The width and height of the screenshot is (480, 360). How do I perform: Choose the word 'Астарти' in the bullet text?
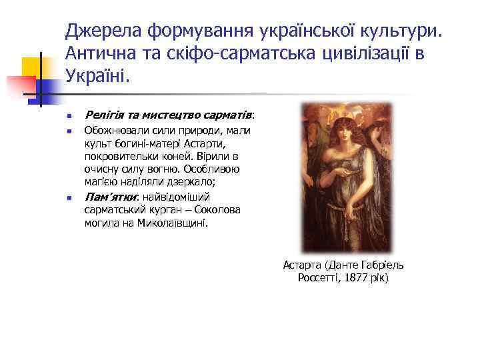[x=206, y=143]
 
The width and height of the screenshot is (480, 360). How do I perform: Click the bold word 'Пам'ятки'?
[x=110, y=197]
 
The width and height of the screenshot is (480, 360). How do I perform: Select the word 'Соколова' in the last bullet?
[x=219, y=210]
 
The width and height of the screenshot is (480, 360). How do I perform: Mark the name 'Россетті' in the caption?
[x=319, y=277]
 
